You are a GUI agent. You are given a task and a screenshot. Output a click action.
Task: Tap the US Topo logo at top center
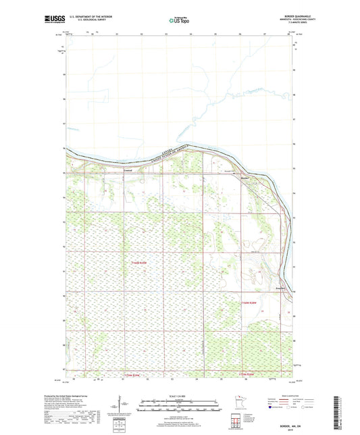(x=179, y=20)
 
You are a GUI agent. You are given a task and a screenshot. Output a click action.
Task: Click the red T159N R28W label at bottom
(x=251, y=374)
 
